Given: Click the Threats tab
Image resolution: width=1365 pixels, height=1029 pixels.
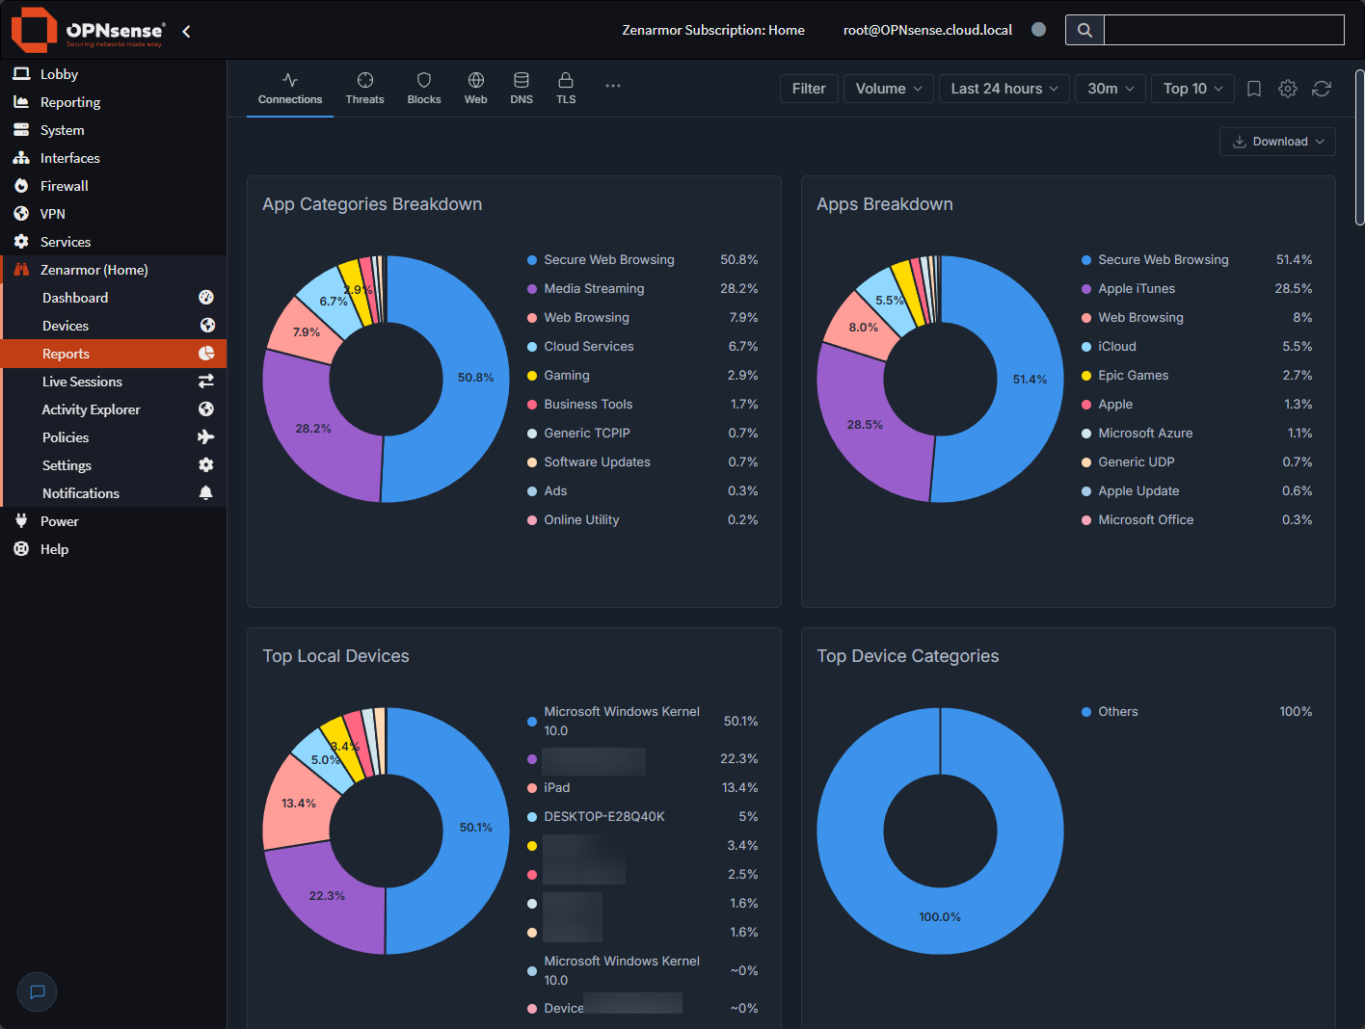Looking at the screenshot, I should click(x=364, y=89).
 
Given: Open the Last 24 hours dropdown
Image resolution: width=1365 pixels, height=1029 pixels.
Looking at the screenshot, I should click(x=1004, y=89).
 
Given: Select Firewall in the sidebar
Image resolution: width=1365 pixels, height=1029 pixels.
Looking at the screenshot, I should click(x=65, y=186).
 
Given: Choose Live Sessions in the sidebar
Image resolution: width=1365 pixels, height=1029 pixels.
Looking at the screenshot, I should click(x=82, y=382).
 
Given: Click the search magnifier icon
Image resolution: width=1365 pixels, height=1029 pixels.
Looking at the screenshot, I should click(x=1084, y=30).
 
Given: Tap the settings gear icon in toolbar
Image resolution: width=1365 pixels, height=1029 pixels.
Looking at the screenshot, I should click(x=1287, y=89).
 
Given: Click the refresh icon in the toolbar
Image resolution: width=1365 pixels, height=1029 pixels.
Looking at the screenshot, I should click(x=1322, y=89).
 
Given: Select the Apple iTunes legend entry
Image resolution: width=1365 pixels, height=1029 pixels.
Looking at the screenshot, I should click(x=1136, y=289).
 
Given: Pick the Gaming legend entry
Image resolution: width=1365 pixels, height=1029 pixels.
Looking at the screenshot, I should click(x=566, y=376).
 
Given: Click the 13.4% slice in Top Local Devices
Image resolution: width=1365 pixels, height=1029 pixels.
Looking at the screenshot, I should click(x=298, y=804).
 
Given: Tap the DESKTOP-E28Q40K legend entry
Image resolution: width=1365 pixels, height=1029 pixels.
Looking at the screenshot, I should click(x=603, y=817).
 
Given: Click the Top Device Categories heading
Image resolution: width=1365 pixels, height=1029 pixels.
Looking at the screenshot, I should click(x=907, y=656).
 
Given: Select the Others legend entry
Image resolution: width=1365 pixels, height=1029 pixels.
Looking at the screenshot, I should click(x=1117, y=712).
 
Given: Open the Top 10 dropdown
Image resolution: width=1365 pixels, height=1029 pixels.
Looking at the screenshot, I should click(x=1192, y=89).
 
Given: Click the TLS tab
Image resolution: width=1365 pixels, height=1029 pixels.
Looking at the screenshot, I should click(x=566, y=89).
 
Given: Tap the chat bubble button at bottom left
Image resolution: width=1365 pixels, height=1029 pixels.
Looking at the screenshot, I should click(x=38, y=991).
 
